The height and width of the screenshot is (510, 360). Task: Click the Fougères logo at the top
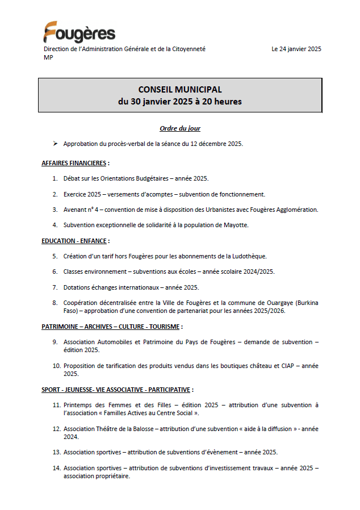pyautogui.click(x=79, y=32)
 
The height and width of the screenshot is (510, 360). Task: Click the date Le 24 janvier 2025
pyautogui.click(x=296, y=49)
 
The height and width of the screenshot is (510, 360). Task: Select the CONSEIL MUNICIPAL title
pyautogui.click(x=180, y=90)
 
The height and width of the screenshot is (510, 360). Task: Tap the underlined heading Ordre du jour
pyautogui.click(x=180, y=128)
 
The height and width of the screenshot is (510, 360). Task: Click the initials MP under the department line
pyautogui.click(x=48, y=57)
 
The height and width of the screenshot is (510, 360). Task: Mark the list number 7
pyautogui.click(x=55, y=287)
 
